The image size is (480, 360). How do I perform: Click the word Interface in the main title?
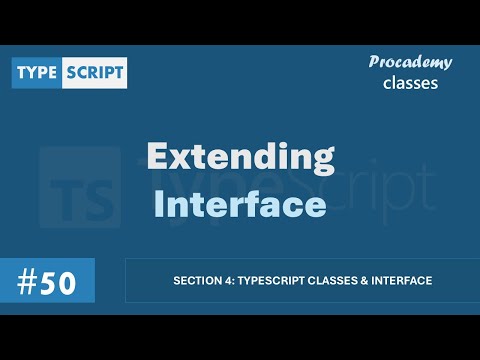tap(240, 204)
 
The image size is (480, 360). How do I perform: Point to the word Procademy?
tap(410, 62)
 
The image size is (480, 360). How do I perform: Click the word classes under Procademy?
tap(410, 82)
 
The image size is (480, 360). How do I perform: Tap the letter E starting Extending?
tap(158, 158)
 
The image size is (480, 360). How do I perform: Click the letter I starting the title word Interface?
tap(159, 204)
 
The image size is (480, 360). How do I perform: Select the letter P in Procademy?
tap(373, 62)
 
